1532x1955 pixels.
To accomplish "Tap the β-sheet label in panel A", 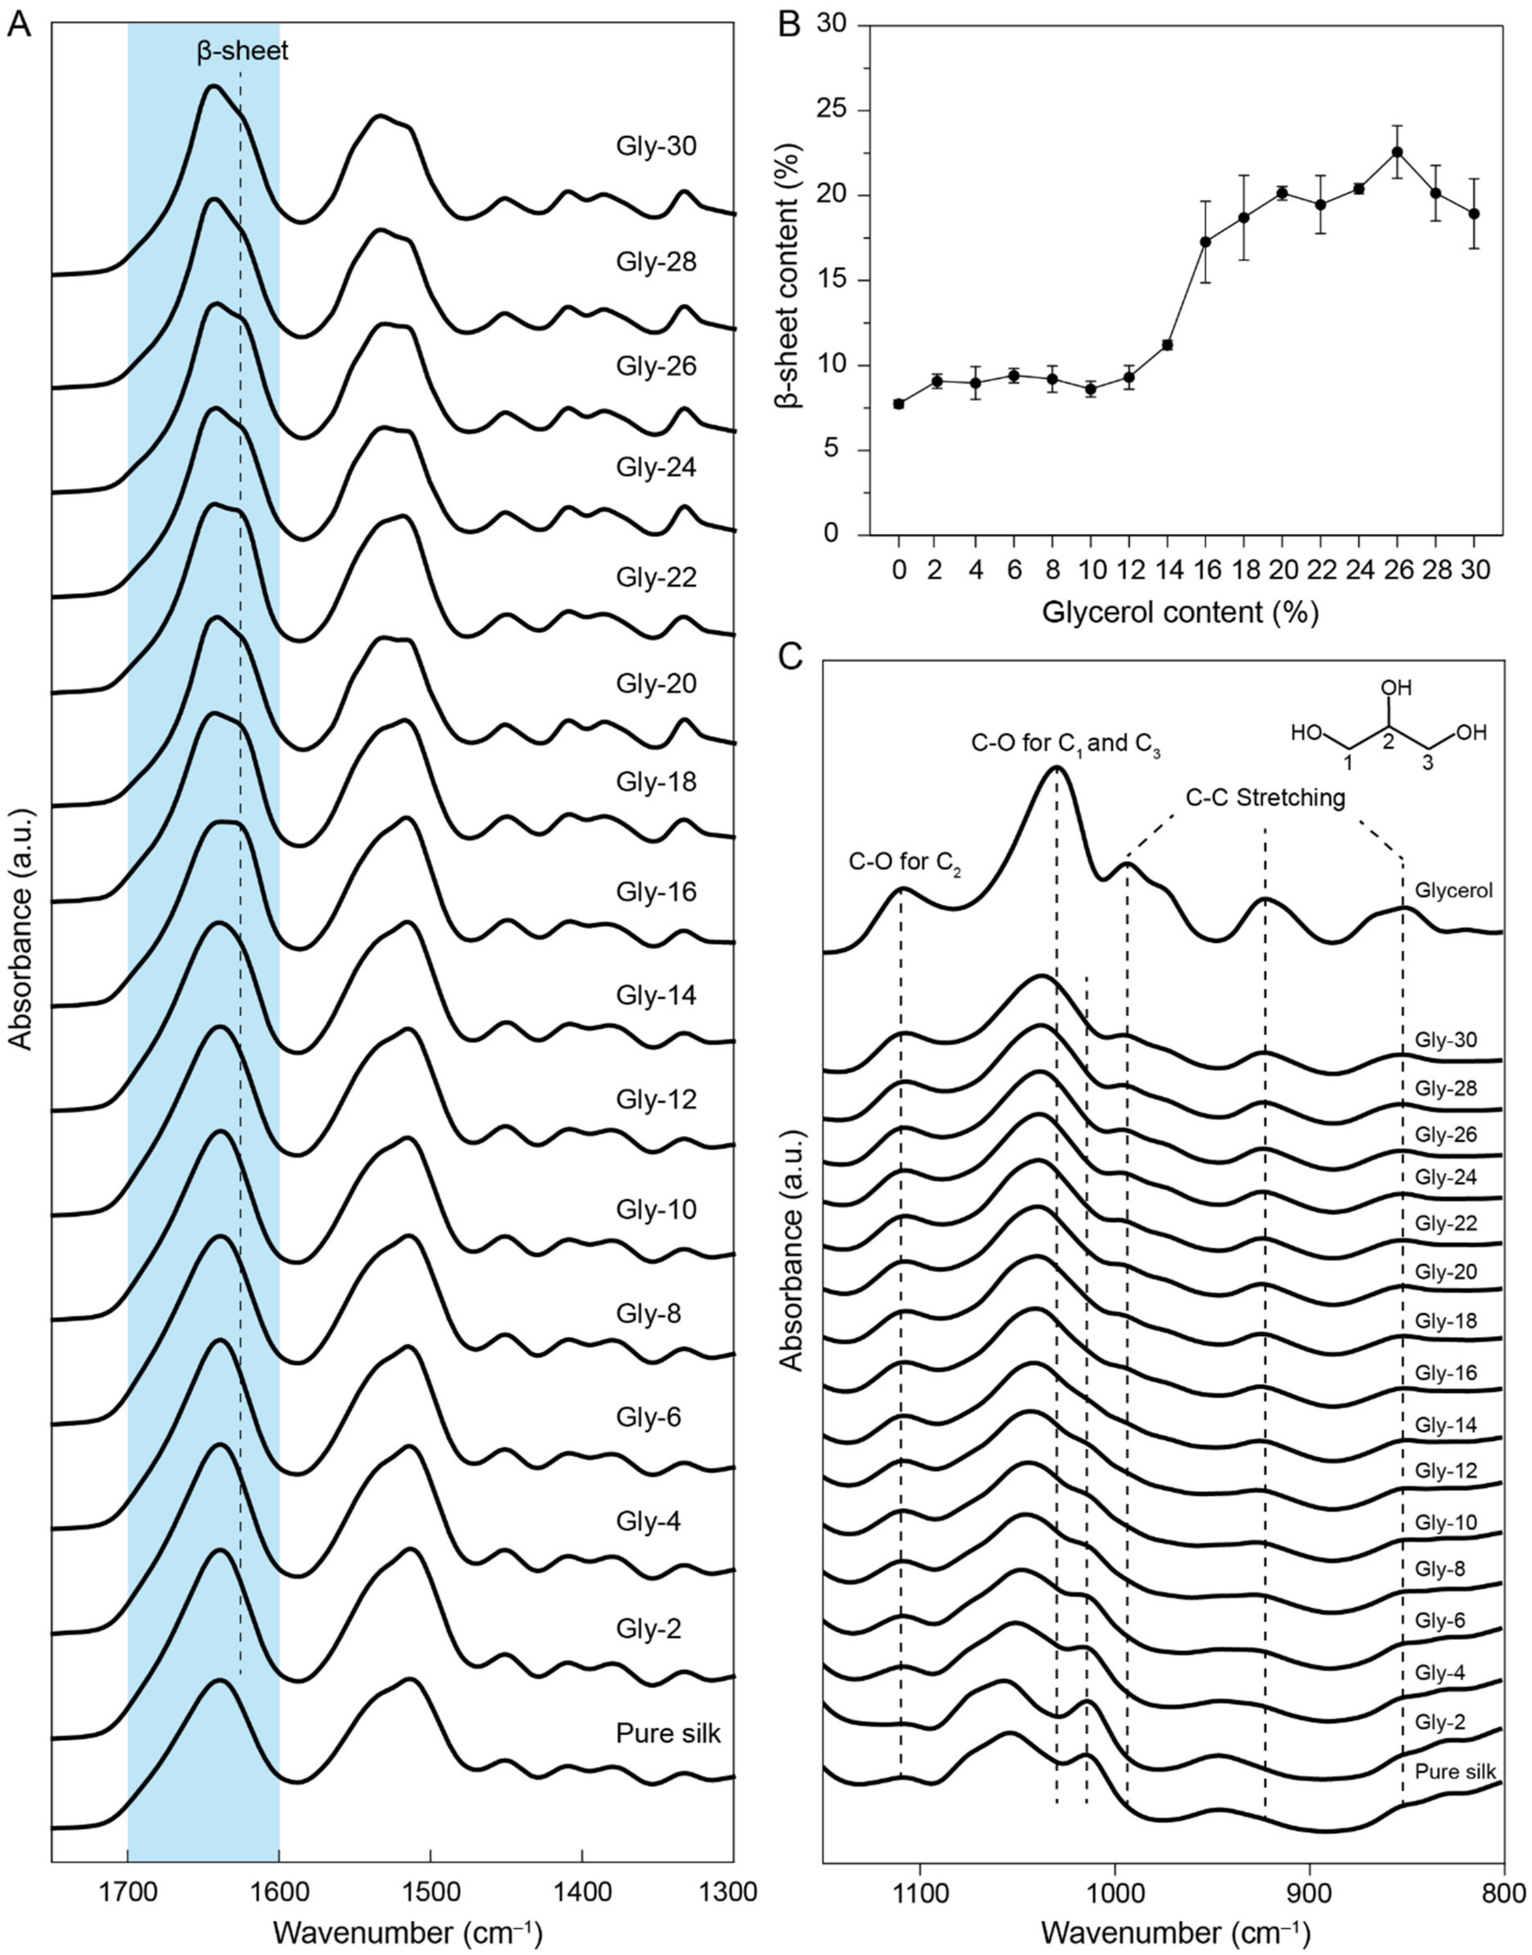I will click(x=242, y=51).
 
